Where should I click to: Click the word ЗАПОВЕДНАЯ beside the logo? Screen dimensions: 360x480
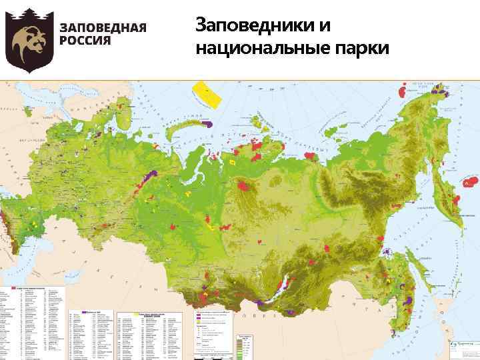pyautogui.click(x=103, y=27)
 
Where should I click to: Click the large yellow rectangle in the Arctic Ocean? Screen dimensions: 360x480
pyautogui.click(x=207, y=95)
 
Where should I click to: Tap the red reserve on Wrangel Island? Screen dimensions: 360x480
pyautogui.click(x=405, y=87)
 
